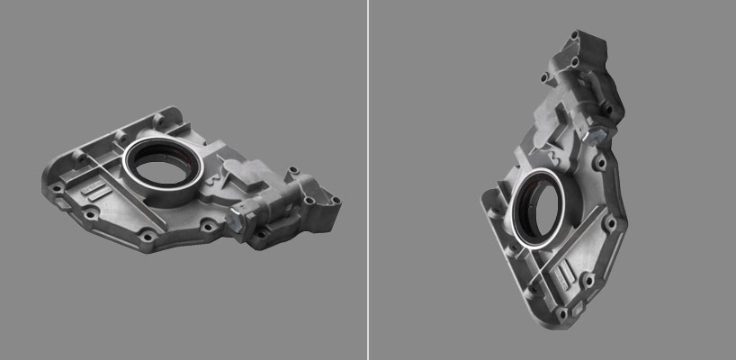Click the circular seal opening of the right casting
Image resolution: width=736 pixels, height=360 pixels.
537,212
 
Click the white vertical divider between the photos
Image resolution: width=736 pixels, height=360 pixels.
368,180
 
